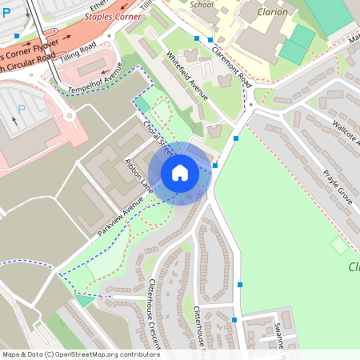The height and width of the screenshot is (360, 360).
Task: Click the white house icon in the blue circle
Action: pyautogui.click(x=180, y=172)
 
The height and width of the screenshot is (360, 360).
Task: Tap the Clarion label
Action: pyautogui.click(x=272, y=12)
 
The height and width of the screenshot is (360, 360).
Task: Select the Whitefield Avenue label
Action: pyautogui.click(x=186, y=76)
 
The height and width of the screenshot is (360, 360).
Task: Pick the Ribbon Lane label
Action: pyautogui.click(x=138, y=174)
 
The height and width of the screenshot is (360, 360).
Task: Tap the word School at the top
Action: pyautogui.click(x=202, y=3)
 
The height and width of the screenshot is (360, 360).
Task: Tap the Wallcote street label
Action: pyautogui.click(x=346, y=131)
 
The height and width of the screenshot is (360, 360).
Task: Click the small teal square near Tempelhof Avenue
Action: pyautogui.click(x=142, y=103)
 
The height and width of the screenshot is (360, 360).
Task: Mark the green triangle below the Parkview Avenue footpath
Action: pyautogui.click(x=84, y=300)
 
